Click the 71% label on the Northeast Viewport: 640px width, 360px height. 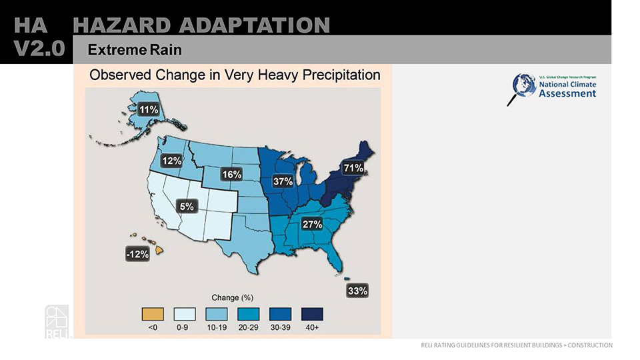tap(353, 168)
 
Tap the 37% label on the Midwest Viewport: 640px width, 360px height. tap(283, 181)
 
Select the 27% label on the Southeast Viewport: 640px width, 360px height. tap(313, 224)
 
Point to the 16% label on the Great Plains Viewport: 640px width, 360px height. tap(231, 175)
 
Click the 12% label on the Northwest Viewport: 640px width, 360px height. tap(172, 161)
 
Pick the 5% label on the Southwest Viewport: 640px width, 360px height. tap(187, 207)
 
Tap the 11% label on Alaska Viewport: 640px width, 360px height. tap(148, 109)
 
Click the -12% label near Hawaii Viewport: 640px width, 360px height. tap(137, 254)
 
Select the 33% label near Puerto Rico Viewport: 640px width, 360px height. tap(357, 291)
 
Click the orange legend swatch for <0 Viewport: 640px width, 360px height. tap(153, 313)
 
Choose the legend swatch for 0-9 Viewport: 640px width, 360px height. tap(185, 313)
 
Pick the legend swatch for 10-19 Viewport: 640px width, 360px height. tap(217, 313)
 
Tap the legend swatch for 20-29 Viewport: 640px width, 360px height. tap(249, 313)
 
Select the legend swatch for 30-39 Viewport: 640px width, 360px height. tap(281, 313)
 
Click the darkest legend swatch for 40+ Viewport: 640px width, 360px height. tap(313, 313)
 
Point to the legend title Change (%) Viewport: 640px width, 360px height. tap(232, 297)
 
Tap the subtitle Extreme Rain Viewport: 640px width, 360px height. tap(135, 50)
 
